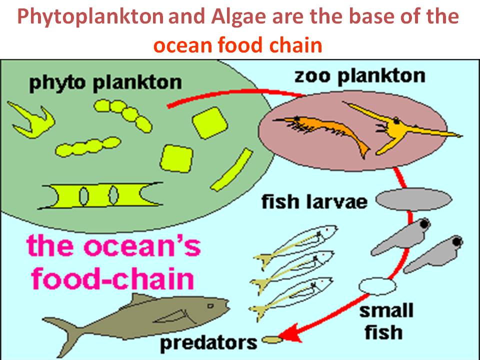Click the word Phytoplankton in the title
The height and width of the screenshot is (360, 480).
point(90,18)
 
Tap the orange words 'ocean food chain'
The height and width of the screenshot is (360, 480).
point(237,45)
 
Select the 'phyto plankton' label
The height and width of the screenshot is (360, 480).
point(105,81)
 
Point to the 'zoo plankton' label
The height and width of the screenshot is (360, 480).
point(360,76)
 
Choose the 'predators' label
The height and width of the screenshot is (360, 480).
point(208,342)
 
